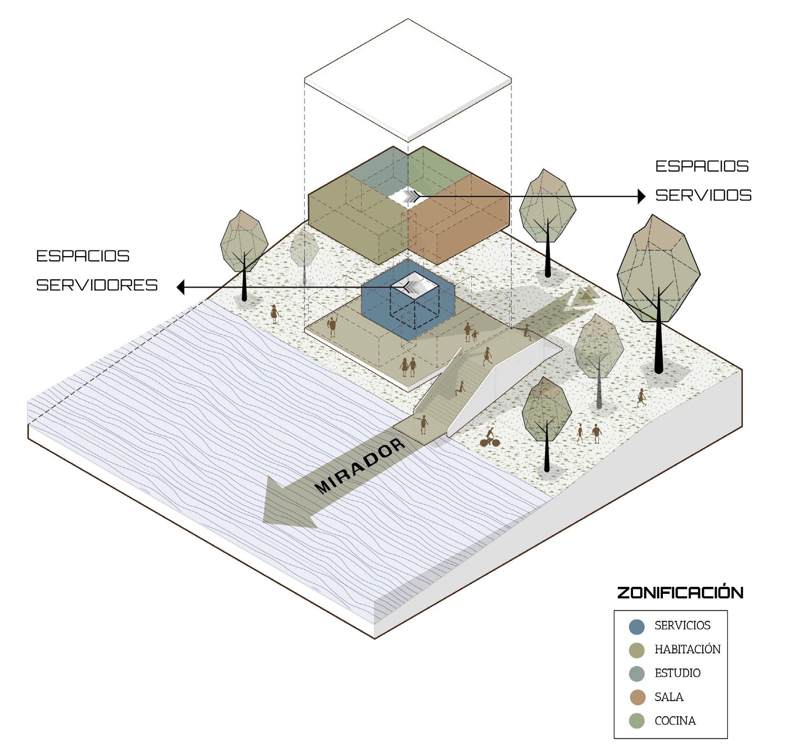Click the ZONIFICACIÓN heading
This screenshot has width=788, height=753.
(x=680, y=593)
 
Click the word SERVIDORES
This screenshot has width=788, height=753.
(x=97, y=285)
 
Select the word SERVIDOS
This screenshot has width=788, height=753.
(x=703, y=195)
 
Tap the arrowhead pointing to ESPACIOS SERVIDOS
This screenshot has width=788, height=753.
(x=641, y=196)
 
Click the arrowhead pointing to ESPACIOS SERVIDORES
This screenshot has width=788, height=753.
(x=181, y=287)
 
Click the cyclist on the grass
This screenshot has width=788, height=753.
(x=490, y=438)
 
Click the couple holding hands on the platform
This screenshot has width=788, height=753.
(x=408, y=367)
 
